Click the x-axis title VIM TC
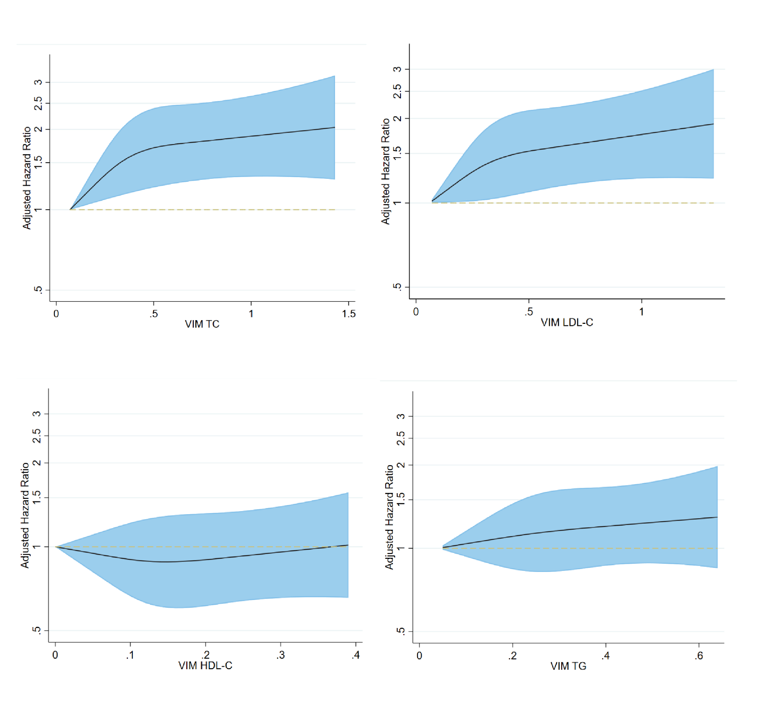tap(202, 324)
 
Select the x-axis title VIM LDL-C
tap(567, 323)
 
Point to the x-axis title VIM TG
tap(568, 667)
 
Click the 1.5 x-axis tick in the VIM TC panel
tap(349, 314)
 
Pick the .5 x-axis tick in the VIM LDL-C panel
tap(529, 312)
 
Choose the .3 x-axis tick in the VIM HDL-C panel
tap(281, 655)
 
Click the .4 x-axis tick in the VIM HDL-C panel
tap(356, 655)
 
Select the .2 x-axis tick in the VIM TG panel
tap(513, 656)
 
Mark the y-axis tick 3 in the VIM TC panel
tap(38, 82)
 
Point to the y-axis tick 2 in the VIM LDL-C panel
tap(398, 118)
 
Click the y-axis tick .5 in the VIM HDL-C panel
tap(37, 630)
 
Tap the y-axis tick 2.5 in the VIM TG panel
tap(401, 438)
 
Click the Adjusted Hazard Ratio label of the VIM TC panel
tap(26, 178)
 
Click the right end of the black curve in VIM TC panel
tap(335, 127)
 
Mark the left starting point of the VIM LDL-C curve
tap(432, 201)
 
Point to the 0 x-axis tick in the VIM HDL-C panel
tap(55, 655)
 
